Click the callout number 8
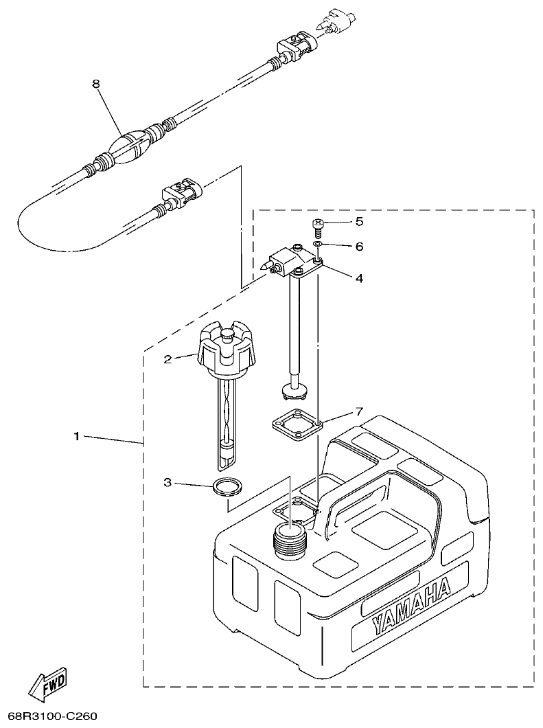[x=96, y=84]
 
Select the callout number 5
[x=359, y=222]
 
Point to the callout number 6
[x=359, y=246]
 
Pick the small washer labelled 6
[x=319, y=244]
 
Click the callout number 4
[x=359, y=278]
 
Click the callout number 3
[x=167, y=483]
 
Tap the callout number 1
[x=77, y=436]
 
